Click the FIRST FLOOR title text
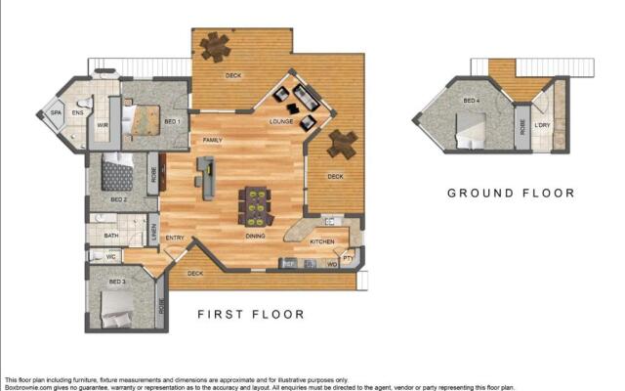point(251,315)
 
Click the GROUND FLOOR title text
point(511,193)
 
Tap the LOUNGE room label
point(281,121)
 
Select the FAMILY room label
point(212,141)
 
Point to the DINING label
point(256,236)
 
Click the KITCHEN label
point(322,241)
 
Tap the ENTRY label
point(176,238)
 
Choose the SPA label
point(56,114)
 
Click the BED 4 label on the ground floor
point(472,101)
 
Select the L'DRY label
point(543,124)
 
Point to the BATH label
point(111,236)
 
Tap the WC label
point(111,257)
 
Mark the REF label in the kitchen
point(289,264)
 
